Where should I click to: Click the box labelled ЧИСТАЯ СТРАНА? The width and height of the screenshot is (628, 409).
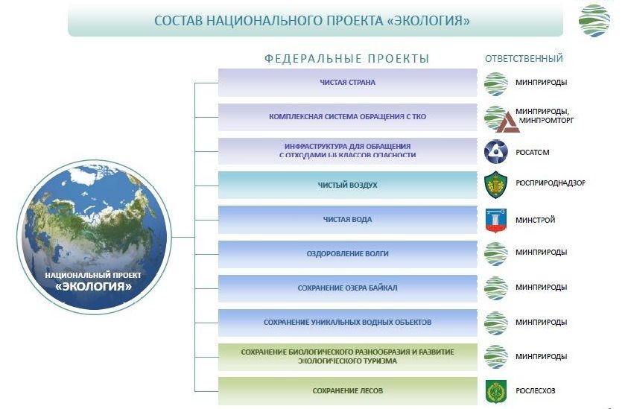[347, 83]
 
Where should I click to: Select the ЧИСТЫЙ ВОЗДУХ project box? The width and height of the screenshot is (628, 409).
[347, 185]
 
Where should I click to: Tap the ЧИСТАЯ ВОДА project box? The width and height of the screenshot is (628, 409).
[347, 220]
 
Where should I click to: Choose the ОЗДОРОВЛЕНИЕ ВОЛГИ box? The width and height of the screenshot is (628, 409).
[347, 254]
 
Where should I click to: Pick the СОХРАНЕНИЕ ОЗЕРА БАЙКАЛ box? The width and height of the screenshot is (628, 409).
[347, 288]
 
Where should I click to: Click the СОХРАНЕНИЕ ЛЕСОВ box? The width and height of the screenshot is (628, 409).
[347, 391]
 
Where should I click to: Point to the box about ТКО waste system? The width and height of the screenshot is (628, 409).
[347, 117]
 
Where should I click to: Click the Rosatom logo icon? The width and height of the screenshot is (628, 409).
[496, 151]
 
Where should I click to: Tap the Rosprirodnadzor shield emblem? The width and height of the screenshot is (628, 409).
[496, 184]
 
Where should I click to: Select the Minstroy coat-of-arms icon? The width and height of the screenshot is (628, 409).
[496, 220]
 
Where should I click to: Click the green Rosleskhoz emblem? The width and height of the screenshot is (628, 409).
[496, 391]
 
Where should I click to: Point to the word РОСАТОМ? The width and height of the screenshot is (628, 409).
[533, 152]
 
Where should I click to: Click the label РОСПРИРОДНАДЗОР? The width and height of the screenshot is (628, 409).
[551, 183]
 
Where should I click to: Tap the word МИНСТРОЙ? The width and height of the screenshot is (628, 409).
[535, 220]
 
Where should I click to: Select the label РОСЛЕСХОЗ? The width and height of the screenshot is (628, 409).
[535, 390]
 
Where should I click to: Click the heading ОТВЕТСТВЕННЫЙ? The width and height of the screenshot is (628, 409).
[524, 59]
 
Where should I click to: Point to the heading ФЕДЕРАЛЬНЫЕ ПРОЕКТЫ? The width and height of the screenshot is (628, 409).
[347, 59]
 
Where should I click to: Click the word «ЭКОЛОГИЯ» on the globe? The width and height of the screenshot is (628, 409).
[94, 286]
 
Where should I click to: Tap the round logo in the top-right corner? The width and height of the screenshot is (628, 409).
[594, 20]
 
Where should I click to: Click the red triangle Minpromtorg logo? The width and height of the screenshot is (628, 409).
[507, 123]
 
